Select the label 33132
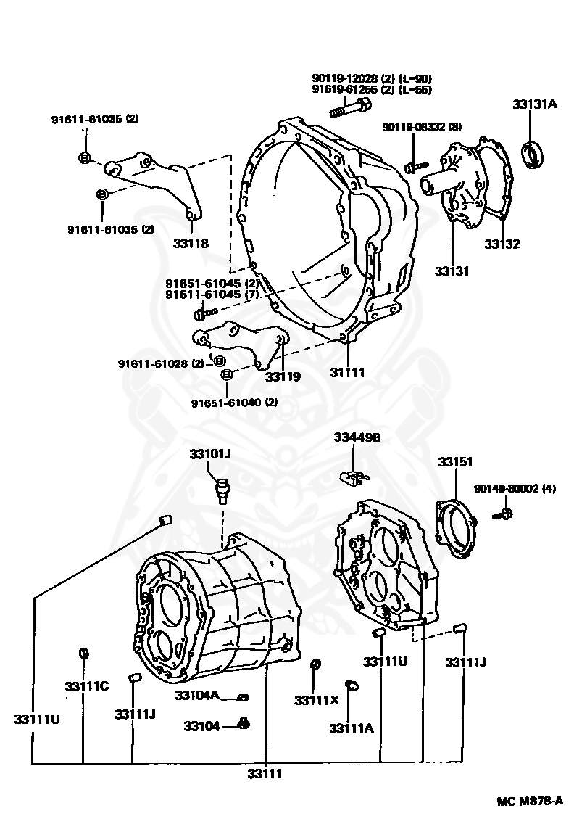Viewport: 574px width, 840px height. [502, 244]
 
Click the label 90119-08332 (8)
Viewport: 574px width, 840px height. [422, 127]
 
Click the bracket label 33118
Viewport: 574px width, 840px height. [191, 244]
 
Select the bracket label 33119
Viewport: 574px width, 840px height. [283, 376]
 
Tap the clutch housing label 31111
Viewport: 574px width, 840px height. [348, 372]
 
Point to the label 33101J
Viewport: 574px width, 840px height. [210, 454]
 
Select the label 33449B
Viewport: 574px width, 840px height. [357, 437]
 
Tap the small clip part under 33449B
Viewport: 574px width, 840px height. [352, 477]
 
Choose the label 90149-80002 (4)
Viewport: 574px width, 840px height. [515, 488]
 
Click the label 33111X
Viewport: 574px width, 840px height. [317, 700]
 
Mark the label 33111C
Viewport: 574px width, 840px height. [86, 686]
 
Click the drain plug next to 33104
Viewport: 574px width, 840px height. [244, 723]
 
